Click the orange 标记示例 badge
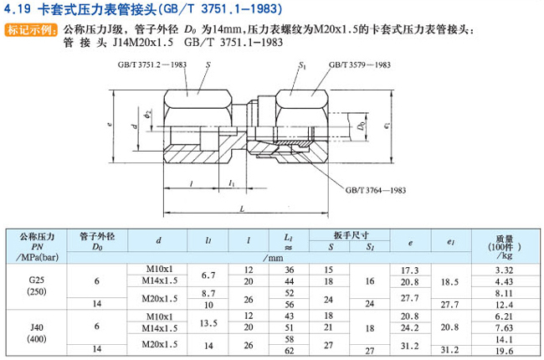pyautogui.click(x=31, y=30)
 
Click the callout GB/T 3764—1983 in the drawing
pyautogui.click(x=376, y=190)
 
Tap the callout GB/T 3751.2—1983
pyautogui.click(x=152, y=65)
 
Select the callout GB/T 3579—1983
pyautogui.click(x=360, y=65)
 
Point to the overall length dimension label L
pyautogui.click(x=242, y=208)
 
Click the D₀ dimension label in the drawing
pyautogui.click(x=362, y=126)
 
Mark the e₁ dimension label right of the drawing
pyautogui.click(x=387, y=126)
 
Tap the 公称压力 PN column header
pyautogui.click(x=37, y=247)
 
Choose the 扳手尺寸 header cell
pyautogui.click(x=352, y=235)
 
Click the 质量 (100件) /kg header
pyautogui.click(x=505, y=247)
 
